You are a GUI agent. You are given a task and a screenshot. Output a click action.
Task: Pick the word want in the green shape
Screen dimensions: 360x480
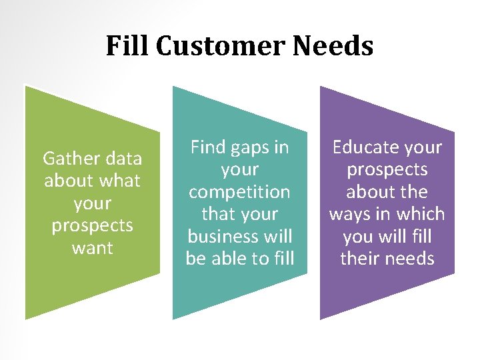(92, 248)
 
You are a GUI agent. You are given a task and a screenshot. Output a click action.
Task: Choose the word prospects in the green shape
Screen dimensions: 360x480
(92, 226)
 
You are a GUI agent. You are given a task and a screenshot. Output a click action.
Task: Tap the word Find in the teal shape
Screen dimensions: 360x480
(209, 147)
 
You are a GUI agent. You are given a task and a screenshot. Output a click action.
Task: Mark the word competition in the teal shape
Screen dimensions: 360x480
(239, 192)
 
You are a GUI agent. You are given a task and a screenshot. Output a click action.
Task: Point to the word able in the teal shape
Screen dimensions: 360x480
(233, 259)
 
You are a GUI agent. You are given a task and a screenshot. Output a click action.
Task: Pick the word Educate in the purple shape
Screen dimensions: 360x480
(367, 147)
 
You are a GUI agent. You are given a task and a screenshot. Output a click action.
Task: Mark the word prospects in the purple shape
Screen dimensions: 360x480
(387, 170)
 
